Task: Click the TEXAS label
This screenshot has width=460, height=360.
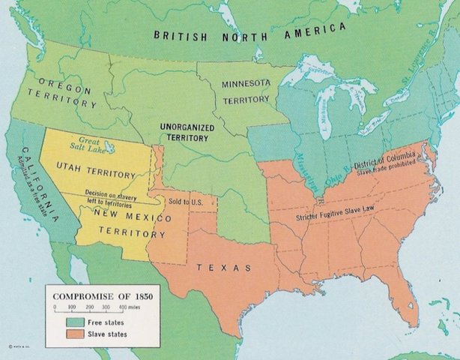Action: coord(224,268)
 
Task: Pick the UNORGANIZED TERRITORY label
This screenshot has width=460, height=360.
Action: coord(187,133)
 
